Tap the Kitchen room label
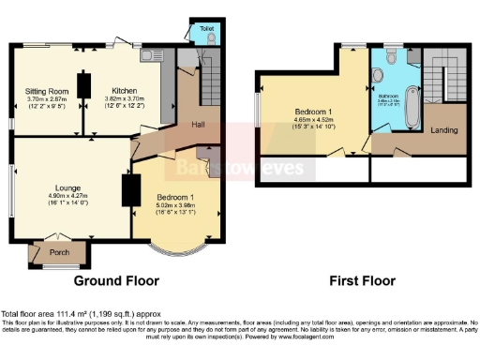[x=125, y=90]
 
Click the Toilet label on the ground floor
[x=205, y=29]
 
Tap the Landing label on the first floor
[x=443, y=130]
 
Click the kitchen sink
[x=150, y=53]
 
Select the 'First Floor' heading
[x=361, y=280]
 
